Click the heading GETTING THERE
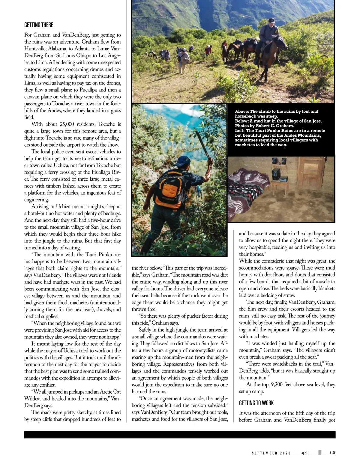point(39,25)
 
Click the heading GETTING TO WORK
point(256,403)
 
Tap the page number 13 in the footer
point(332,453)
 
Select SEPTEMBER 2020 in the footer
point(271,453)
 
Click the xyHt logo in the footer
point(304,453)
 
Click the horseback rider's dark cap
point(271,20)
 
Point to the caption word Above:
point(242,112)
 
